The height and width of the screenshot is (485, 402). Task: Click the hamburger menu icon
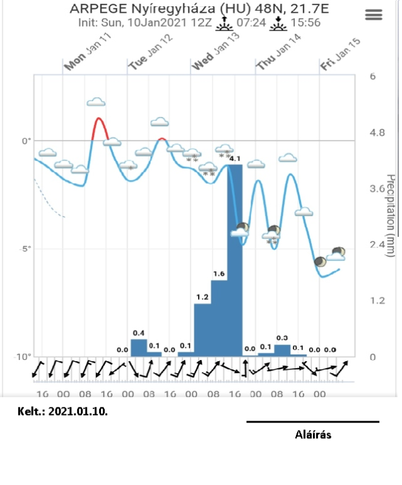pos(374,16)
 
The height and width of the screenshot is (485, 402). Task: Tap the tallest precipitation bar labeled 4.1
pos(235,259)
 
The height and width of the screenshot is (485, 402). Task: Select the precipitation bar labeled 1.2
pos(202,329)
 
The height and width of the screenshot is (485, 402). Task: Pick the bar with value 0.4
pos(139,347)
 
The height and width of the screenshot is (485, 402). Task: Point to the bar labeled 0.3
pos(282,350)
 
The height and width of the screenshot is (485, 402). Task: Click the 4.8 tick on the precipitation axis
pos(377,133)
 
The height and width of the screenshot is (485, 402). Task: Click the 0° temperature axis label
pos(25,140)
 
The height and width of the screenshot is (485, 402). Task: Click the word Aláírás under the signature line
pos(313,434)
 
